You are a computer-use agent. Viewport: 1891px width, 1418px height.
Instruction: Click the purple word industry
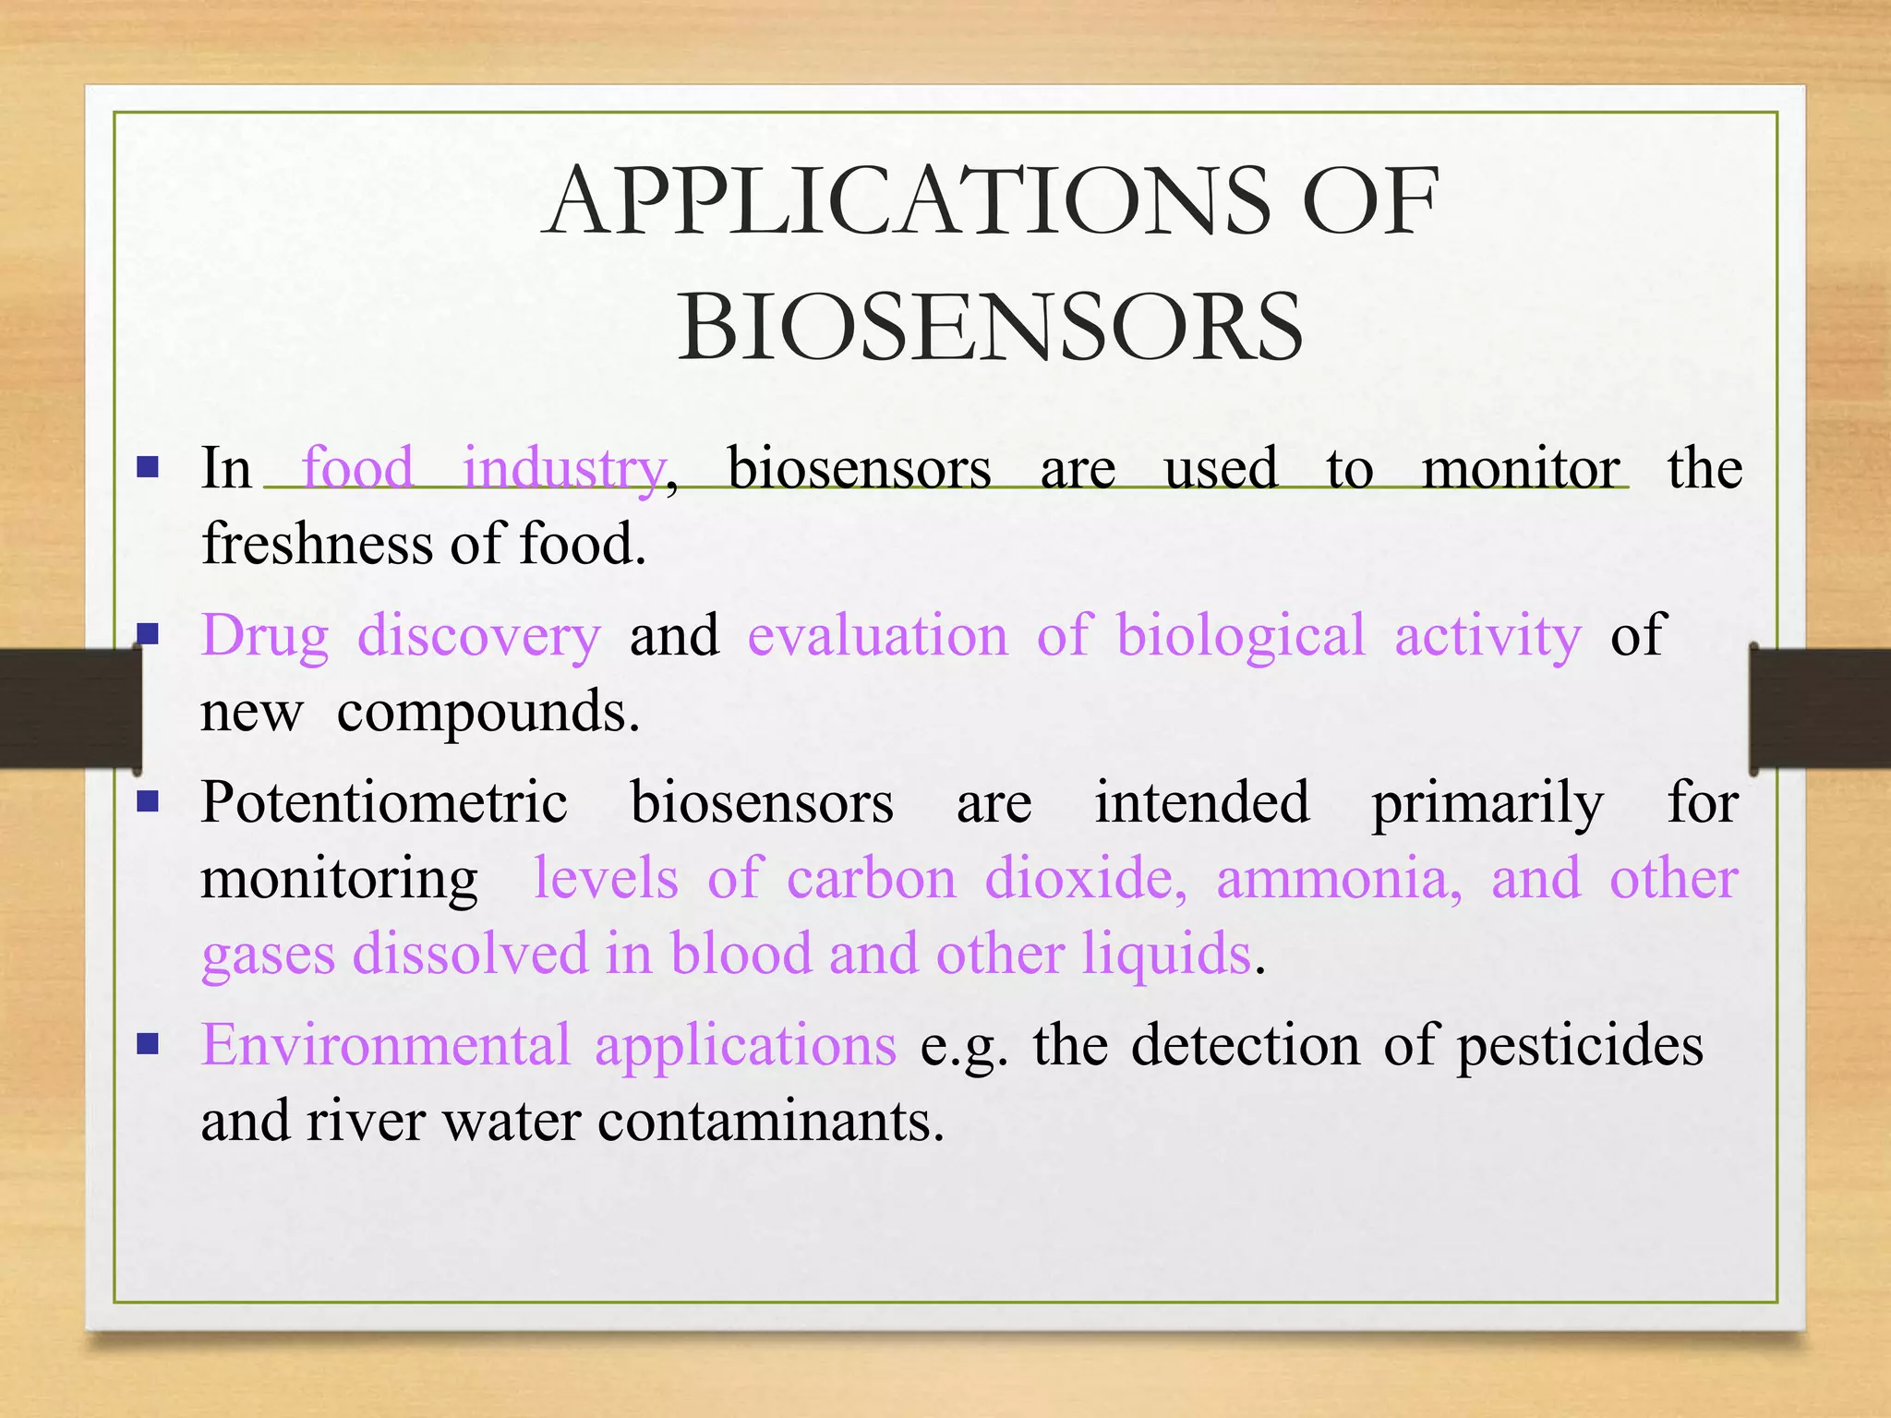point(563,468)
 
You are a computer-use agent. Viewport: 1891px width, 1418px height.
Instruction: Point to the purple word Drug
point(265,636)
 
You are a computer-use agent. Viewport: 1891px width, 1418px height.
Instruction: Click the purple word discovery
point(478,636)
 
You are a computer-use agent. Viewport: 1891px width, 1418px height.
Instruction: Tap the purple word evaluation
point(877,636)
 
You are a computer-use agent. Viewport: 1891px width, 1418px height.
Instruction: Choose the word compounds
point(487,712)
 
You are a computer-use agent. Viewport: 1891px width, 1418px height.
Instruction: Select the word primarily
point(1487,803)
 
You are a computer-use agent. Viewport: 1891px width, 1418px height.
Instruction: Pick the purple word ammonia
point(1338,878)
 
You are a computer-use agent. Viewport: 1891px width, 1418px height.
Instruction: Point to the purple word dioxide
point(1085,878)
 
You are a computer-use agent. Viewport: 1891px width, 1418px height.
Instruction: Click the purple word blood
point(741,953)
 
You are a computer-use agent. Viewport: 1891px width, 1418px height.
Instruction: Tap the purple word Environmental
point(386,1045)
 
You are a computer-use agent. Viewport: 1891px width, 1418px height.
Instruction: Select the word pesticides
point(1580,1047)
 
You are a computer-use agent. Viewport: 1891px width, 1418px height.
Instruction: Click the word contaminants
point(770,1121)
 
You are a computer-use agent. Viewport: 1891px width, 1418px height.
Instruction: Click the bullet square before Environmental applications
point(148,1043)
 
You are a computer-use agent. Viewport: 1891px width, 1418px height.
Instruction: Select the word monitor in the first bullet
point(1521,468)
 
